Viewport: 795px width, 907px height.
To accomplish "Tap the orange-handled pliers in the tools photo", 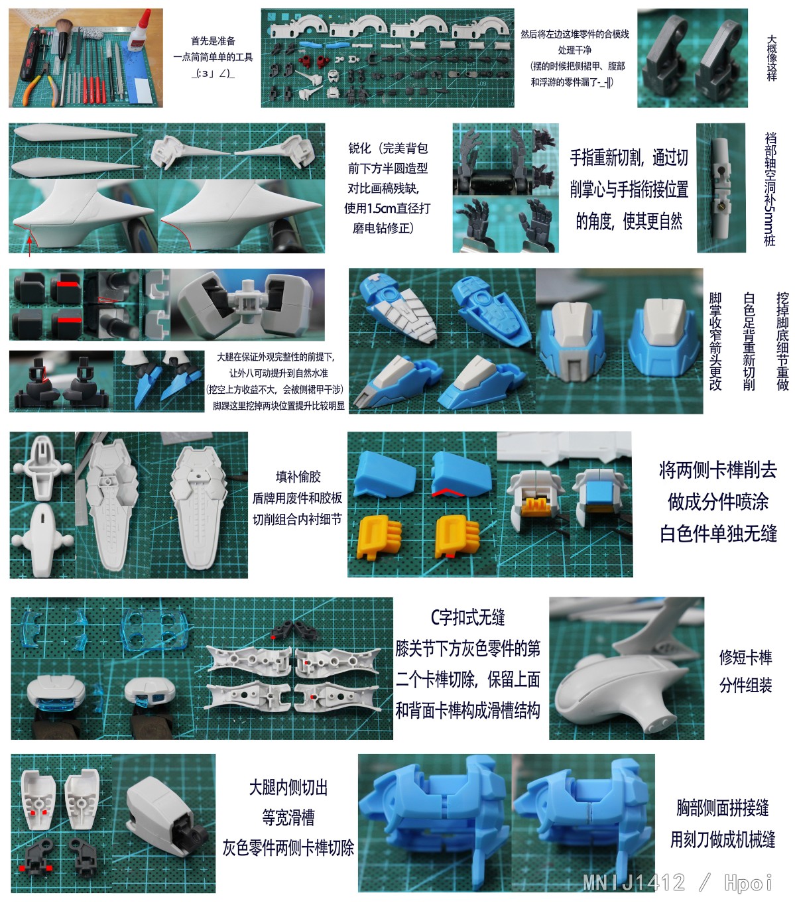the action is (x=41, y=88).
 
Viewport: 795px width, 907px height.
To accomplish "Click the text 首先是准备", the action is (x=213, y=40).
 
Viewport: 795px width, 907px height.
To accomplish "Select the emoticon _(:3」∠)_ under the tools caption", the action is (x=213, y=74).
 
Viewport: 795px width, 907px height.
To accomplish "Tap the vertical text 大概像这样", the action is (x=771, y=58).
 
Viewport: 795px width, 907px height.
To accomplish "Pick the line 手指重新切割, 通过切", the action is (x=629, y=158).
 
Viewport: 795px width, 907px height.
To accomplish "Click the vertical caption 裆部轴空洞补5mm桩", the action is (x=770, y=189).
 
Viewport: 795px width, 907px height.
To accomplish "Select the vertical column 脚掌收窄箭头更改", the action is (x=715, y=341).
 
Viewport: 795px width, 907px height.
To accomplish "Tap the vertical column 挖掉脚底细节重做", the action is (x=782, y=341).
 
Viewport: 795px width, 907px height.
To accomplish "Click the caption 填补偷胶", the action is (x=298, y=476).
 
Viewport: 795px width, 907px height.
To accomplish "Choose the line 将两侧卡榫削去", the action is (x=717, y=470).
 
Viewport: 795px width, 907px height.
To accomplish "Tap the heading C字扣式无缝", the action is (x=467, y=617).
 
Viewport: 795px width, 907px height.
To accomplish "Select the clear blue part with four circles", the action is (x=155, y=629).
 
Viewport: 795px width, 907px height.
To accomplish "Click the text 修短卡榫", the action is (x=745, y=657).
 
